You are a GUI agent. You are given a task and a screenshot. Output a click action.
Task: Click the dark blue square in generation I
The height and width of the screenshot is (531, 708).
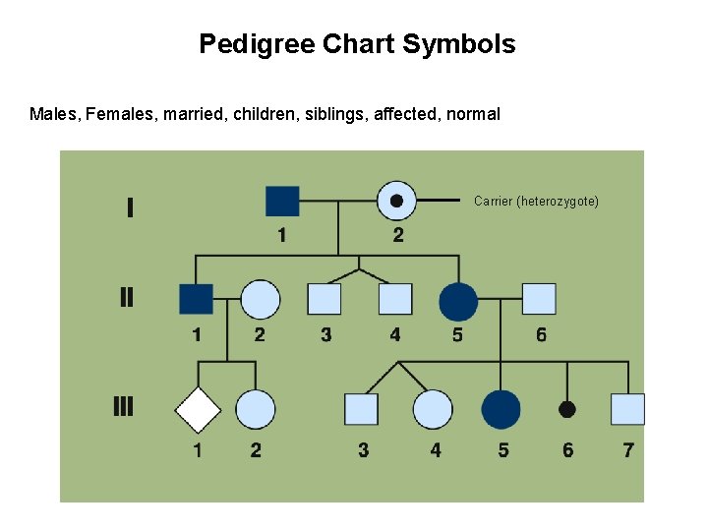pos(282,201)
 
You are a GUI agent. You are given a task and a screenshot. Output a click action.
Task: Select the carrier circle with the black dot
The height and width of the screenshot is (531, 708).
pos(396,201)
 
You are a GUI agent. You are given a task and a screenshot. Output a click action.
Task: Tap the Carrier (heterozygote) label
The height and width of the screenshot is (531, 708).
pos(536,201)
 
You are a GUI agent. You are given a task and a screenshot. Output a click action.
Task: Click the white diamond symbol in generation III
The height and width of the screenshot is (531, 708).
pos(198,410)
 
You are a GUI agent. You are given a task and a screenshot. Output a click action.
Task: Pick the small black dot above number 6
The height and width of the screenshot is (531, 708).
pos(567,409)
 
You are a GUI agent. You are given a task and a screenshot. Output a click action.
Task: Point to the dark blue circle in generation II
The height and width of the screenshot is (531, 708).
pos(458,301)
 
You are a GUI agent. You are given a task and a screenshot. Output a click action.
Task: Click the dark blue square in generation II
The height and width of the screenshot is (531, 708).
pos(197,300)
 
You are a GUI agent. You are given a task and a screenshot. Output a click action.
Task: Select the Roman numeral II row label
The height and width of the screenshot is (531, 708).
pos(127,297)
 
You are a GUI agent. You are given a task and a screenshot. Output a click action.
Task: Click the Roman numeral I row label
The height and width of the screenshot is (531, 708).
pos(130,207)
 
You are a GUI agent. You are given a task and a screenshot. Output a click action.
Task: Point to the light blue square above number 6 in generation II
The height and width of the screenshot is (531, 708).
pos(539,299)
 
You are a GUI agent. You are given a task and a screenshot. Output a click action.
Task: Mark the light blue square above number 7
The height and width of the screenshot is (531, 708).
pos(627,409)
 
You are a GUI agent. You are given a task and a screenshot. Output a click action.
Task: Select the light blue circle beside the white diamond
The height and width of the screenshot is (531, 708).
pos(256,410)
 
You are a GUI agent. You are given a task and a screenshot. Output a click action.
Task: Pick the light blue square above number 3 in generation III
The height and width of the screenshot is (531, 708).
pos(362,409)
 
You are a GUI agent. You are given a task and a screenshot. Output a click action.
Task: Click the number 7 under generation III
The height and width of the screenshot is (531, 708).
pos(628,450)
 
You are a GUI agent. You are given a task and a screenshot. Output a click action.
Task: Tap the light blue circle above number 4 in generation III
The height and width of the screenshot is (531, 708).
pos(433,410)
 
